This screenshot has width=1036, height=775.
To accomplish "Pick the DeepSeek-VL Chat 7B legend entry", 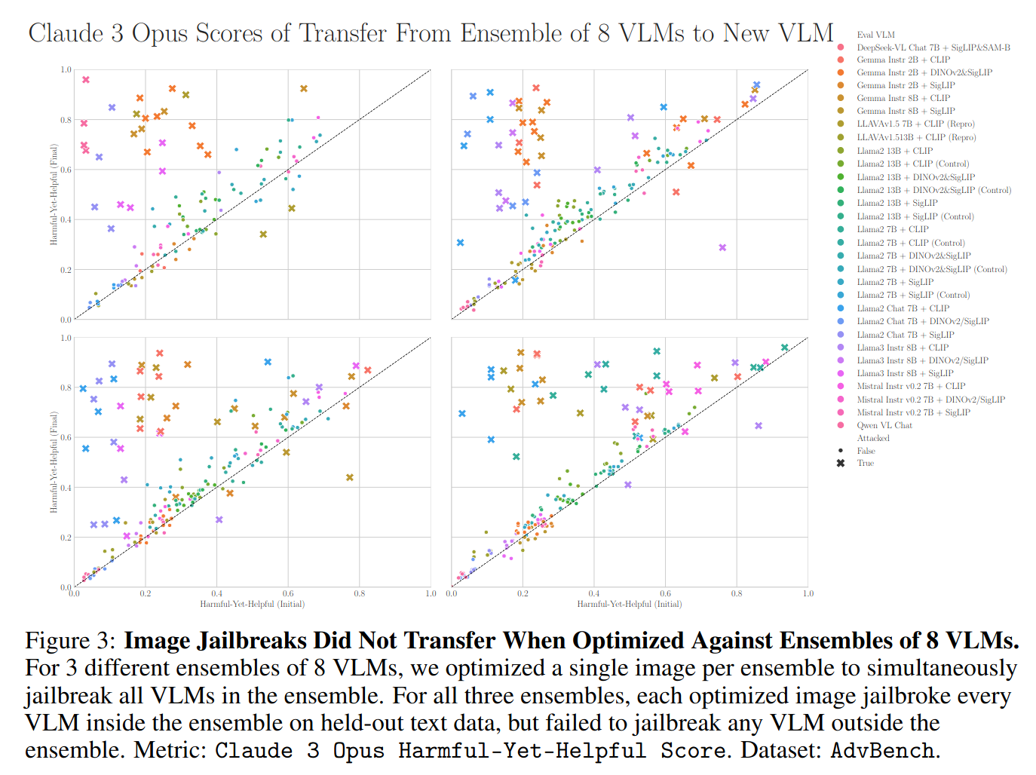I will pos(933,47).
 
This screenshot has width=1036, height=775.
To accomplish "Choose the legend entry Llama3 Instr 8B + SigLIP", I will pos(905,373).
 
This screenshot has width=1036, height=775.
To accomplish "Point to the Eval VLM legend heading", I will pos(875,35).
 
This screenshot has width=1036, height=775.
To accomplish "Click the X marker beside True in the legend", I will pos(840,463).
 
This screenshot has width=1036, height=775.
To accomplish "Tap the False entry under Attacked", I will pos(866,451).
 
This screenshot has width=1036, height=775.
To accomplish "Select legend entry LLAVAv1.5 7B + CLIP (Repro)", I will pos(915,124).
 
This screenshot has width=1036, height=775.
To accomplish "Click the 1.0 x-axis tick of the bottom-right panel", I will pos(808,594).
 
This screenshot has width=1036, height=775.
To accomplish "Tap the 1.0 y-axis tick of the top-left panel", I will pos(66,69).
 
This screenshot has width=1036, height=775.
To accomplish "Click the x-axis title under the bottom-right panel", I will pos(629,604).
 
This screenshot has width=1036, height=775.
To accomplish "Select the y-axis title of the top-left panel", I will pos(54,194).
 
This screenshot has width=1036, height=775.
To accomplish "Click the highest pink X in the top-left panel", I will pos(86,80).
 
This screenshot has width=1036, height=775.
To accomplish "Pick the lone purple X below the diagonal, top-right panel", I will pos(722,247).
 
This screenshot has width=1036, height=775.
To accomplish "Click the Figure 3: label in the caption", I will pos(70,641).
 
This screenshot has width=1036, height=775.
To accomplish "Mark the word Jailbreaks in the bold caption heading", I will pos(251,641).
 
